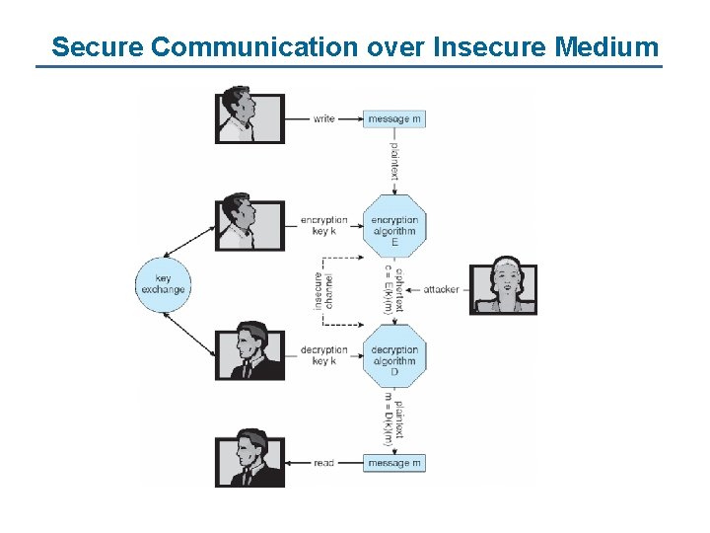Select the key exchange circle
tap(161, 284)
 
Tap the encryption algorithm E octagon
tap(394, 230)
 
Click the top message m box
tap(394, 119)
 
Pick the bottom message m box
tap(394, 463)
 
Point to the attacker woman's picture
tap(503, 288)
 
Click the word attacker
tap(441, 289)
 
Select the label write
tap(323, 119)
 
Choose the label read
tap(323, 463)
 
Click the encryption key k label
tap(324, 226)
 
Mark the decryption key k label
tap(324, 355)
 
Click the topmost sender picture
tap(249, 116)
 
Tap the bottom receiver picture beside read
tap(249, 458)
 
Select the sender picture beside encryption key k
tap(249, 224)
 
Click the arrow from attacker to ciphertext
tap(412, 289)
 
